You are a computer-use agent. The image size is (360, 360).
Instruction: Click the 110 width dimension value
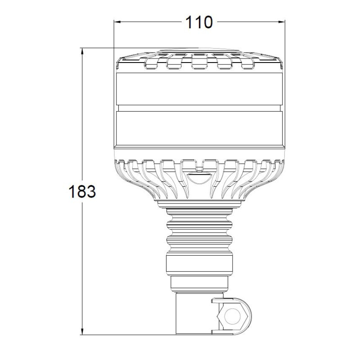pos(199,22)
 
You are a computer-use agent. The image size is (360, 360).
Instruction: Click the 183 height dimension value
pos(82,192)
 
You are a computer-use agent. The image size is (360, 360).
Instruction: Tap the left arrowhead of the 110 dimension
pos(117,22)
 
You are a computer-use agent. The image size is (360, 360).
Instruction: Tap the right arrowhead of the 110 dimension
pos(282,22)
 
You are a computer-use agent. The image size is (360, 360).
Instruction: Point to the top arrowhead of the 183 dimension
pos(82,51)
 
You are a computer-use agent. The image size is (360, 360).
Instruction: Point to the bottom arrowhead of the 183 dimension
pos(82,331)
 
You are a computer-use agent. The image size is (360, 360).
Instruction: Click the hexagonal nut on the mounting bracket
pos(232,317)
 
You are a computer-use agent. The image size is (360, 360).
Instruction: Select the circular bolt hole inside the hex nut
pos(232,317)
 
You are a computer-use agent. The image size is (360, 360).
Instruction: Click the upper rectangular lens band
pos(199,89)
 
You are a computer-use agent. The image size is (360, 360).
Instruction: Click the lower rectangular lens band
pos(199,128)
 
